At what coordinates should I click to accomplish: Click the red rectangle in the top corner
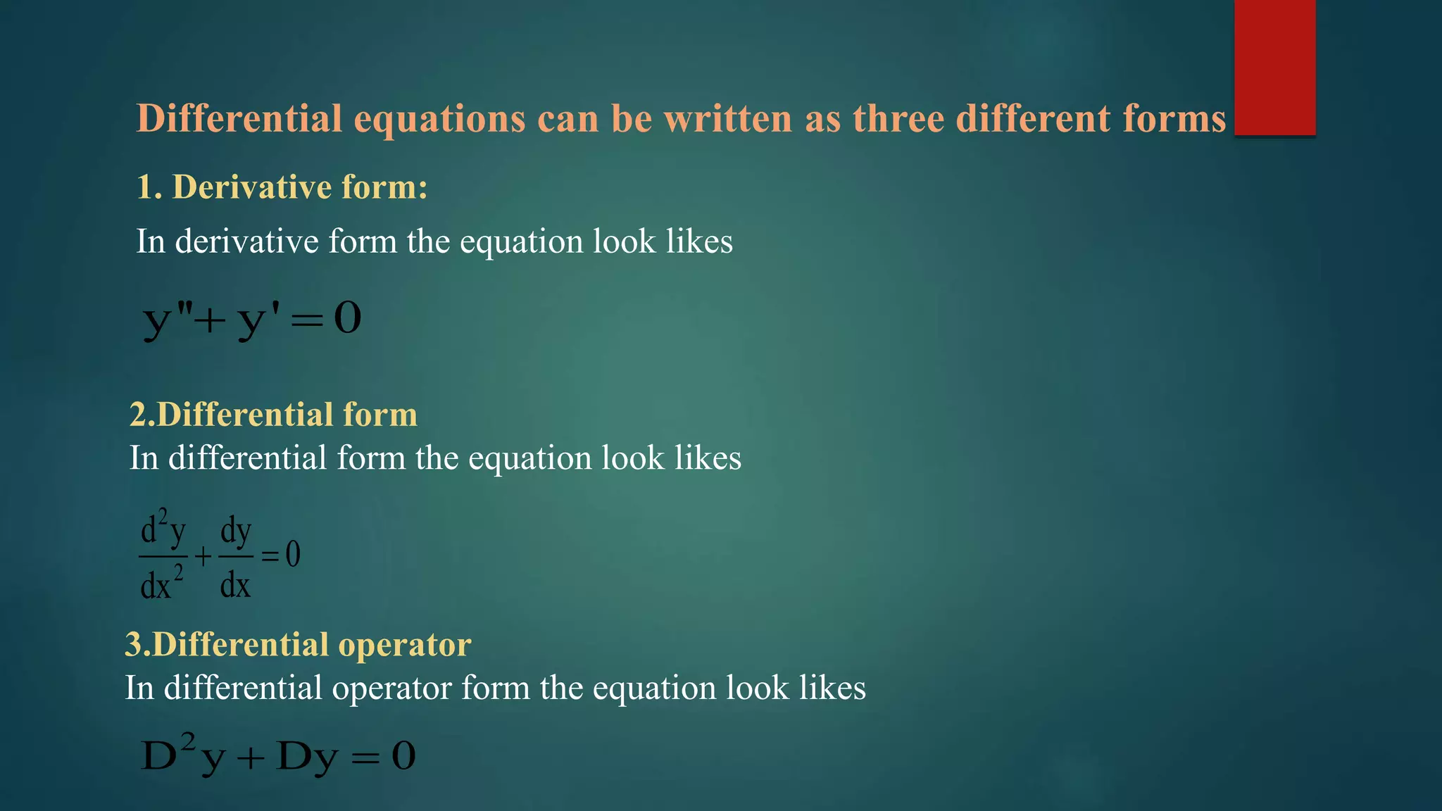click(x=1274, y=68)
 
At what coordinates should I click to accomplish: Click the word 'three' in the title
click(x=898, y=118)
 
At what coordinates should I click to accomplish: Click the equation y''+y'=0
click(x=252, y=319)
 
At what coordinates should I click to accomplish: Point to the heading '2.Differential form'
click(x=273, y=414)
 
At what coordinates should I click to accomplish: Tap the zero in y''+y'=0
click(x=347, y=318)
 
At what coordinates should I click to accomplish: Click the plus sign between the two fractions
click(x=203, y=558)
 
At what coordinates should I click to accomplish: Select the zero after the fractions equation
click(x=293, y=555)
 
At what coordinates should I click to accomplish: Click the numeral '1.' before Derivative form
click(x=149, y=187)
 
